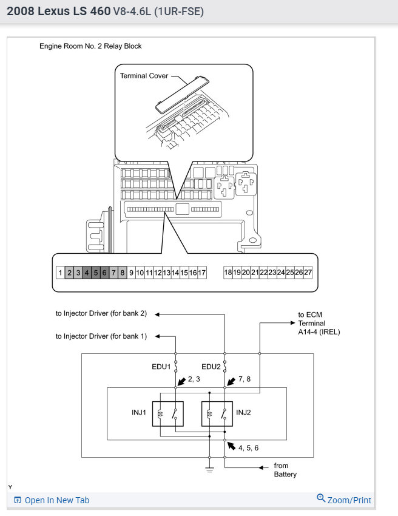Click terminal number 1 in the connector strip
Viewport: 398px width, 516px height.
click(x=60, y=273)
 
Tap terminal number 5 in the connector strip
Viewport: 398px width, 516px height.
click(x=95, y=273)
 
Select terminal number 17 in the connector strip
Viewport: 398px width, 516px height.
click(x=202, y=273)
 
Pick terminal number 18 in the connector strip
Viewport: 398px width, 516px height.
click(x=228, y=273)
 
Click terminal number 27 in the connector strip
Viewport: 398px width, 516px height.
click(x=308, y=273)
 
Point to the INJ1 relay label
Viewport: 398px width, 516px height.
click(x=138, y=413)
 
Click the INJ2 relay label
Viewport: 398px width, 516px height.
click(x=243, y=413)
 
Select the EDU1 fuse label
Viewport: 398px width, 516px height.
click(x=161, y=367)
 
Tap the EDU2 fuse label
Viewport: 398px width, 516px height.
click(x=211, y=367)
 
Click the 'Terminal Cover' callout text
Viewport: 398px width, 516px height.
click(x=144, y=76)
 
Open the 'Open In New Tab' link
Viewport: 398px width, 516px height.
click(x=56, y=500)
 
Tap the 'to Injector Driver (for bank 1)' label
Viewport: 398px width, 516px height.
click(x=101, y=336)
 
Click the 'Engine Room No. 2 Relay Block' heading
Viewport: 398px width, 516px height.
click(x=90, y=46)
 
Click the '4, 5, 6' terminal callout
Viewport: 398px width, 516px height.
click(x=248, y=448)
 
